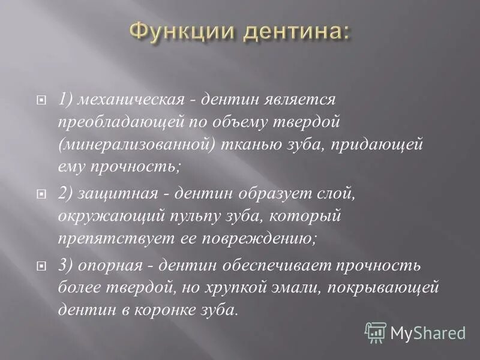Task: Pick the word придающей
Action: [x=389, y=145]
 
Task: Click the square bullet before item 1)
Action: [x=41, y=101]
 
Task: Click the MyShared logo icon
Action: [x=376, y=332]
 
